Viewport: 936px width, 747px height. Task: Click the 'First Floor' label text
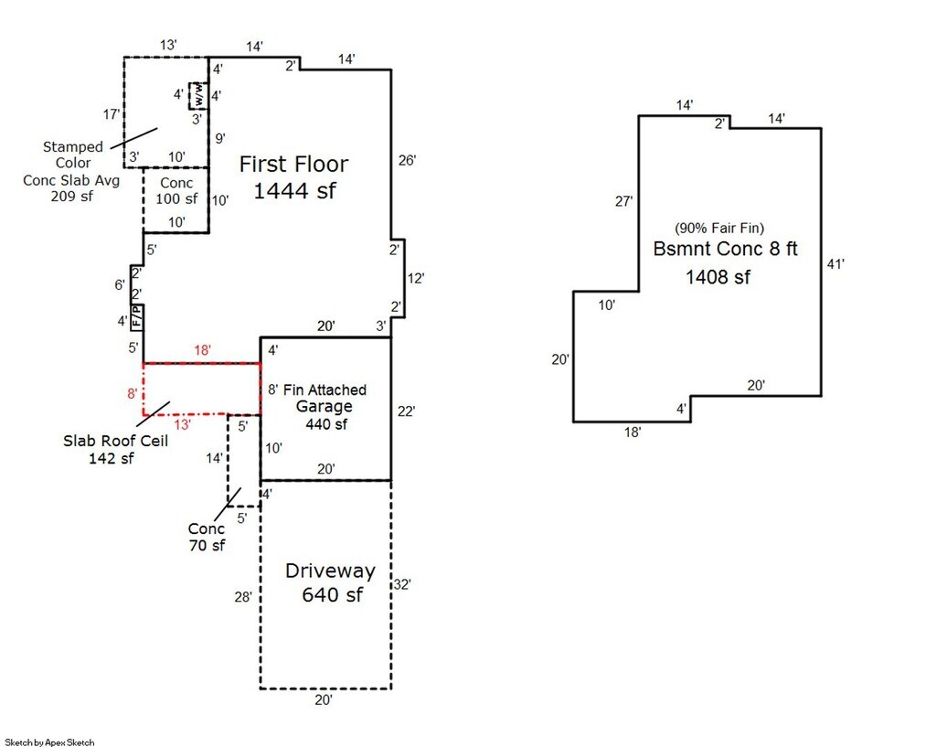click(x=293, y=165)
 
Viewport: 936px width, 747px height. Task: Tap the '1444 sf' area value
click(x=293, y=191)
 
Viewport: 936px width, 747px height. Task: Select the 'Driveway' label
click(x=330, y=571)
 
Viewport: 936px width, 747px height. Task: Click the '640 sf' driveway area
click(x=332, y=595)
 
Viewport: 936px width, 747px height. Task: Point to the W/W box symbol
click(x=197, y=95)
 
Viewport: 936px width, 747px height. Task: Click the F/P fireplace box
click(x=137, y=317)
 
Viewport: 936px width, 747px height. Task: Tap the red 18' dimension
click(x=202, y=350)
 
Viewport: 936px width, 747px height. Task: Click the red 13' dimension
click(x=183, y=424)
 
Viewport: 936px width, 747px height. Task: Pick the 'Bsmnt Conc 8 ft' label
click(x=725, y=249)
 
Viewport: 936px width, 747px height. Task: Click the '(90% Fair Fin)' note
click(x=718, y=227)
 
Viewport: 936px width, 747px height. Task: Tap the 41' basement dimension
click(x=836, y=263)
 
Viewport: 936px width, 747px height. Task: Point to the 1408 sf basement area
click(x=718, y=277)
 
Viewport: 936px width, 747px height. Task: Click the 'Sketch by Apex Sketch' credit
click(x=49, y=742)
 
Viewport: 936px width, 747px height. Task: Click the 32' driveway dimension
click(x=402, y=584)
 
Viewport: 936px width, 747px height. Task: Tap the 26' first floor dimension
click(x=408, y=161)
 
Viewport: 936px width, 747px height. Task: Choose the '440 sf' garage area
click(x=326, y=424)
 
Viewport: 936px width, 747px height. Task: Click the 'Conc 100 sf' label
click(x=176, y=190)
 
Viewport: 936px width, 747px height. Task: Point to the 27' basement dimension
click(x=624, y=202)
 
